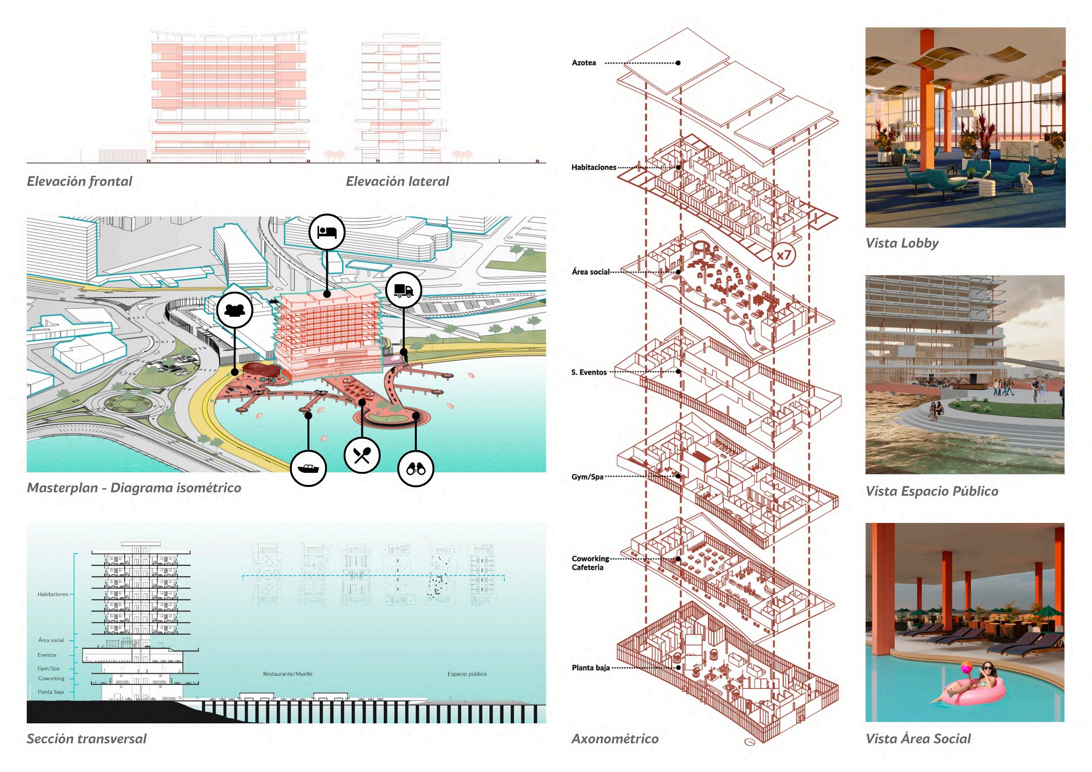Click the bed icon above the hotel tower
pyautogui.click(x=327, y=232)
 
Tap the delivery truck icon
pyautogui.click(x=404, y=290)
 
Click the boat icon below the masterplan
pyautogui.click(x=308, y=468)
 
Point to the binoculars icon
pyautogui.click(x=415, y=468)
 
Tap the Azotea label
pyautogui.click(x=584, y=63)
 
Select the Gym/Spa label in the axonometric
pyautogui.click(x=587, y=477)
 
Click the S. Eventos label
pyautogui.click(x=589, y=372)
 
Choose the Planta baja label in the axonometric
pyautogui.click(x=591, y=668)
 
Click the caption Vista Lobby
pyautogui.click(x=902, y=243)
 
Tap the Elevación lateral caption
pyautogui.click(x=397, y=181)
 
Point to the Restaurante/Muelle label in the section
pyautogui.click(x=287, y=674)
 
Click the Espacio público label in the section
pyautogui.click(x=467, y=674)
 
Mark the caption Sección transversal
pyautogui.click(x=87, y=739)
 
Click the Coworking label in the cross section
pyautogui.click(x=51, y=679)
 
